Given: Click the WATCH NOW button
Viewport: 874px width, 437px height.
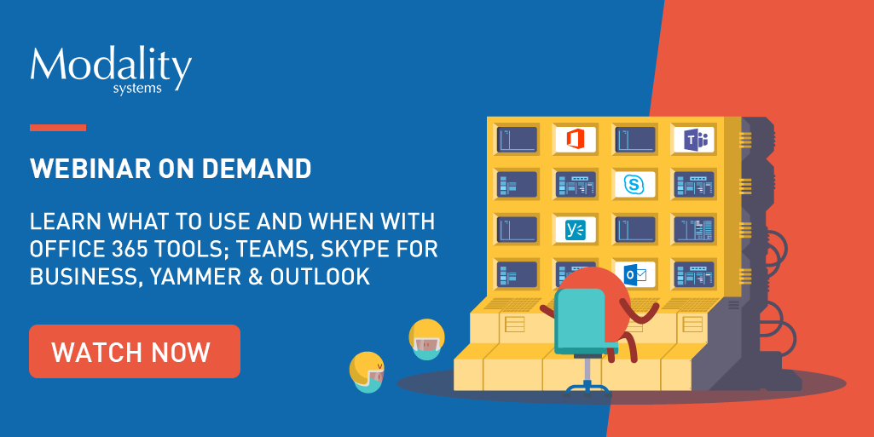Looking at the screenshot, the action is click(x=135, y=351).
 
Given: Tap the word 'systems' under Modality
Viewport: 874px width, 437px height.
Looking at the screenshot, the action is click(x=137, y=89).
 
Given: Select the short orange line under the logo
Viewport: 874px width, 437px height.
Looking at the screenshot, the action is click(x=58, y=128).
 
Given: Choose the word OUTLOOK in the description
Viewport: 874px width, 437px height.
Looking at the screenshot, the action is click(x=320, y=276).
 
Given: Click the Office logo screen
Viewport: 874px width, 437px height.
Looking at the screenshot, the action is click(x=576, y=139).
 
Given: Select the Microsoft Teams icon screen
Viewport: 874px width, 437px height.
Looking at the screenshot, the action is click(x=694, y=139).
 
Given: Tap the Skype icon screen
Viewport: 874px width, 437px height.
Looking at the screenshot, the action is click(x=634, y=184).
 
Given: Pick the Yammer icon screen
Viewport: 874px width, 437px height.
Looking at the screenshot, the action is click(x=576, y=229).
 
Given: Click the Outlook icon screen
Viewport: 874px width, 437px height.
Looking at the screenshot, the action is click(x=634, y=274).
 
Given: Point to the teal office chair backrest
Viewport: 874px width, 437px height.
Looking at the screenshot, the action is click(x=581, y=319).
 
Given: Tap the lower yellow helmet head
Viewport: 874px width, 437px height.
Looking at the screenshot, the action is click(x=368, y=372).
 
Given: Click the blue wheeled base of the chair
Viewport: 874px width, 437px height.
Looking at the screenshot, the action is click(x=587, y=388).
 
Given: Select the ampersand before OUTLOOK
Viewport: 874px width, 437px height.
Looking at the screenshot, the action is click(x=255, y=276).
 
